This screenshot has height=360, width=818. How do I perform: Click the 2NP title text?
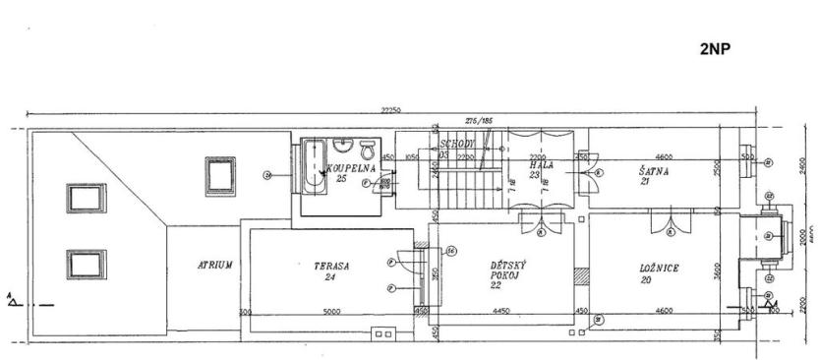(715, 46)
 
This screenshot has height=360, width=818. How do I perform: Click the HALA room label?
(542, 166)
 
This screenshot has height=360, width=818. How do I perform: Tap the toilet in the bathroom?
(368, 150)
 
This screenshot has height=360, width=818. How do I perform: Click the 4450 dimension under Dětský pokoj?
(500, 313)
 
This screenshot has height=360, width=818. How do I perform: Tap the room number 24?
(329, 277)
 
